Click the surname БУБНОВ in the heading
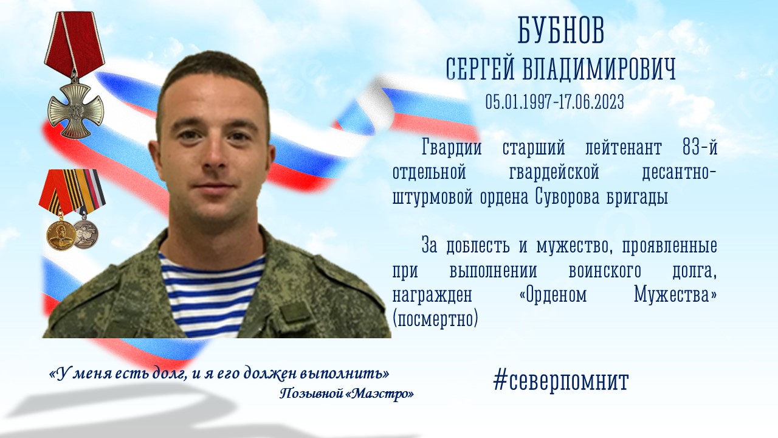561,30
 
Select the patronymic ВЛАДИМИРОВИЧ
599,69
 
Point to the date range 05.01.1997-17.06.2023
555,102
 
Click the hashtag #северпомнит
561,381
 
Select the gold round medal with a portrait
61,235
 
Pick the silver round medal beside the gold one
86,234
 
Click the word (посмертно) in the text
435,319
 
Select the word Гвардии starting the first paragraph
452,147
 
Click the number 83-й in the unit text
700,147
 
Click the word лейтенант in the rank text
624,148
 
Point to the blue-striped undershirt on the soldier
210,296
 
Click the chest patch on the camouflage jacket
294,312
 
